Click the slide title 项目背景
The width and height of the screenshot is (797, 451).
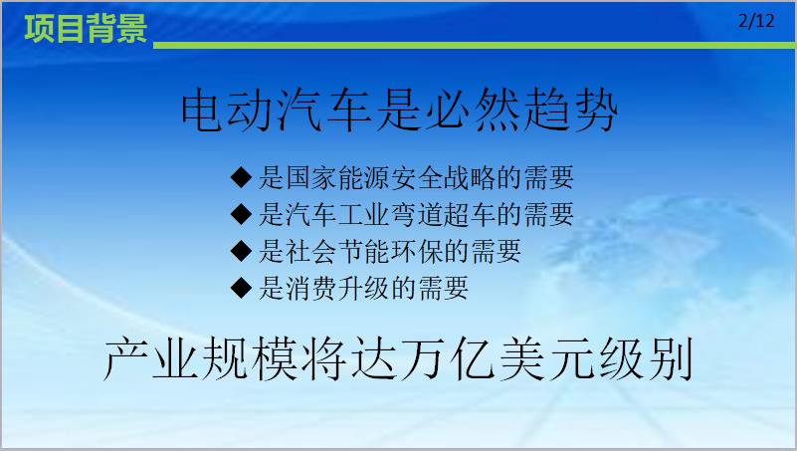click(x=86, y=29)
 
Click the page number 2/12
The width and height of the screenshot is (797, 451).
click(x=756, y=21)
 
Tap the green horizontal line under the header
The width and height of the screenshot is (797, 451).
click(x=475, y=45)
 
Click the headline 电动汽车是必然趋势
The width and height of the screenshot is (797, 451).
click(x=400, y=111)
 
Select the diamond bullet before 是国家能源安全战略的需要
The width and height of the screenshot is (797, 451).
click(x=241, y=177)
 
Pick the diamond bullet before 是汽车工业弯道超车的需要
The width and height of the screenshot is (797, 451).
click(x=241, y=214)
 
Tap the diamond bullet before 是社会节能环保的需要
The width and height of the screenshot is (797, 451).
click(x=241, y=251)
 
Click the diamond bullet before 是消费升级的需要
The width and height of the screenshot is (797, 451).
click(x=241, y=288)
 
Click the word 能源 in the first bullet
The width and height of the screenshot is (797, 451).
click(x=364, y=177)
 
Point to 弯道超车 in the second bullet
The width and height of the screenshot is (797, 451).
click(x=443, y=214)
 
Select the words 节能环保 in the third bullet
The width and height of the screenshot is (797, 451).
click(x=390, y=251)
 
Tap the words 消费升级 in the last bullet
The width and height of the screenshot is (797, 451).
click(x=337, y=289)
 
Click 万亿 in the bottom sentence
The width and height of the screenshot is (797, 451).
click(x=447, y=358)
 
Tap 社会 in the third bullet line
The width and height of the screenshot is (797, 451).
click(x=311, y=251)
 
